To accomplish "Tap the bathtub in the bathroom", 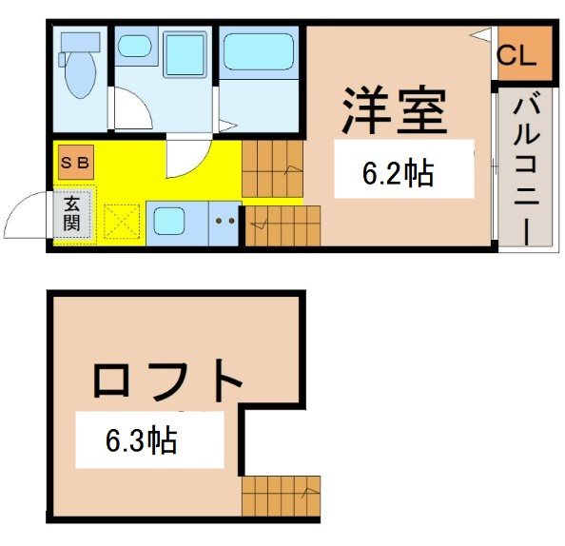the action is (259, 51).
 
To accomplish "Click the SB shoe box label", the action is (75, 163).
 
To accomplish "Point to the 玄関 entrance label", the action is (71, 214).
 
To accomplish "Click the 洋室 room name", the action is (396, 110).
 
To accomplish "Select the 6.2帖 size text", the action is (398, 173).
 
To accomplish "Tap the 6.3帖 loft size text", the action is (141, 439).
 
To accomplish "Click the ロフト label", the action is (167, 380).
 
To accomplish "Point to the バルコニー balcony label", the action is (526, 168).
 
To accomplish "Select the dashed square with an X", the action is (122, 222).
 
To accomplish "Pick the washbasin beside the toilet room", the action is (135, 46).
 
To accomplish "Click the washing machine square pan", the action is (185, 54).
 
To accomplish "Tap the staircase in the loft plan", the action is (281, 497).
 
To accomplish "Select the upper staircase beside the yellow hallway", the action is (273, 168).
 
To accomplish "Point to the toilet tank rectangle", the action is (80, 42).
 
